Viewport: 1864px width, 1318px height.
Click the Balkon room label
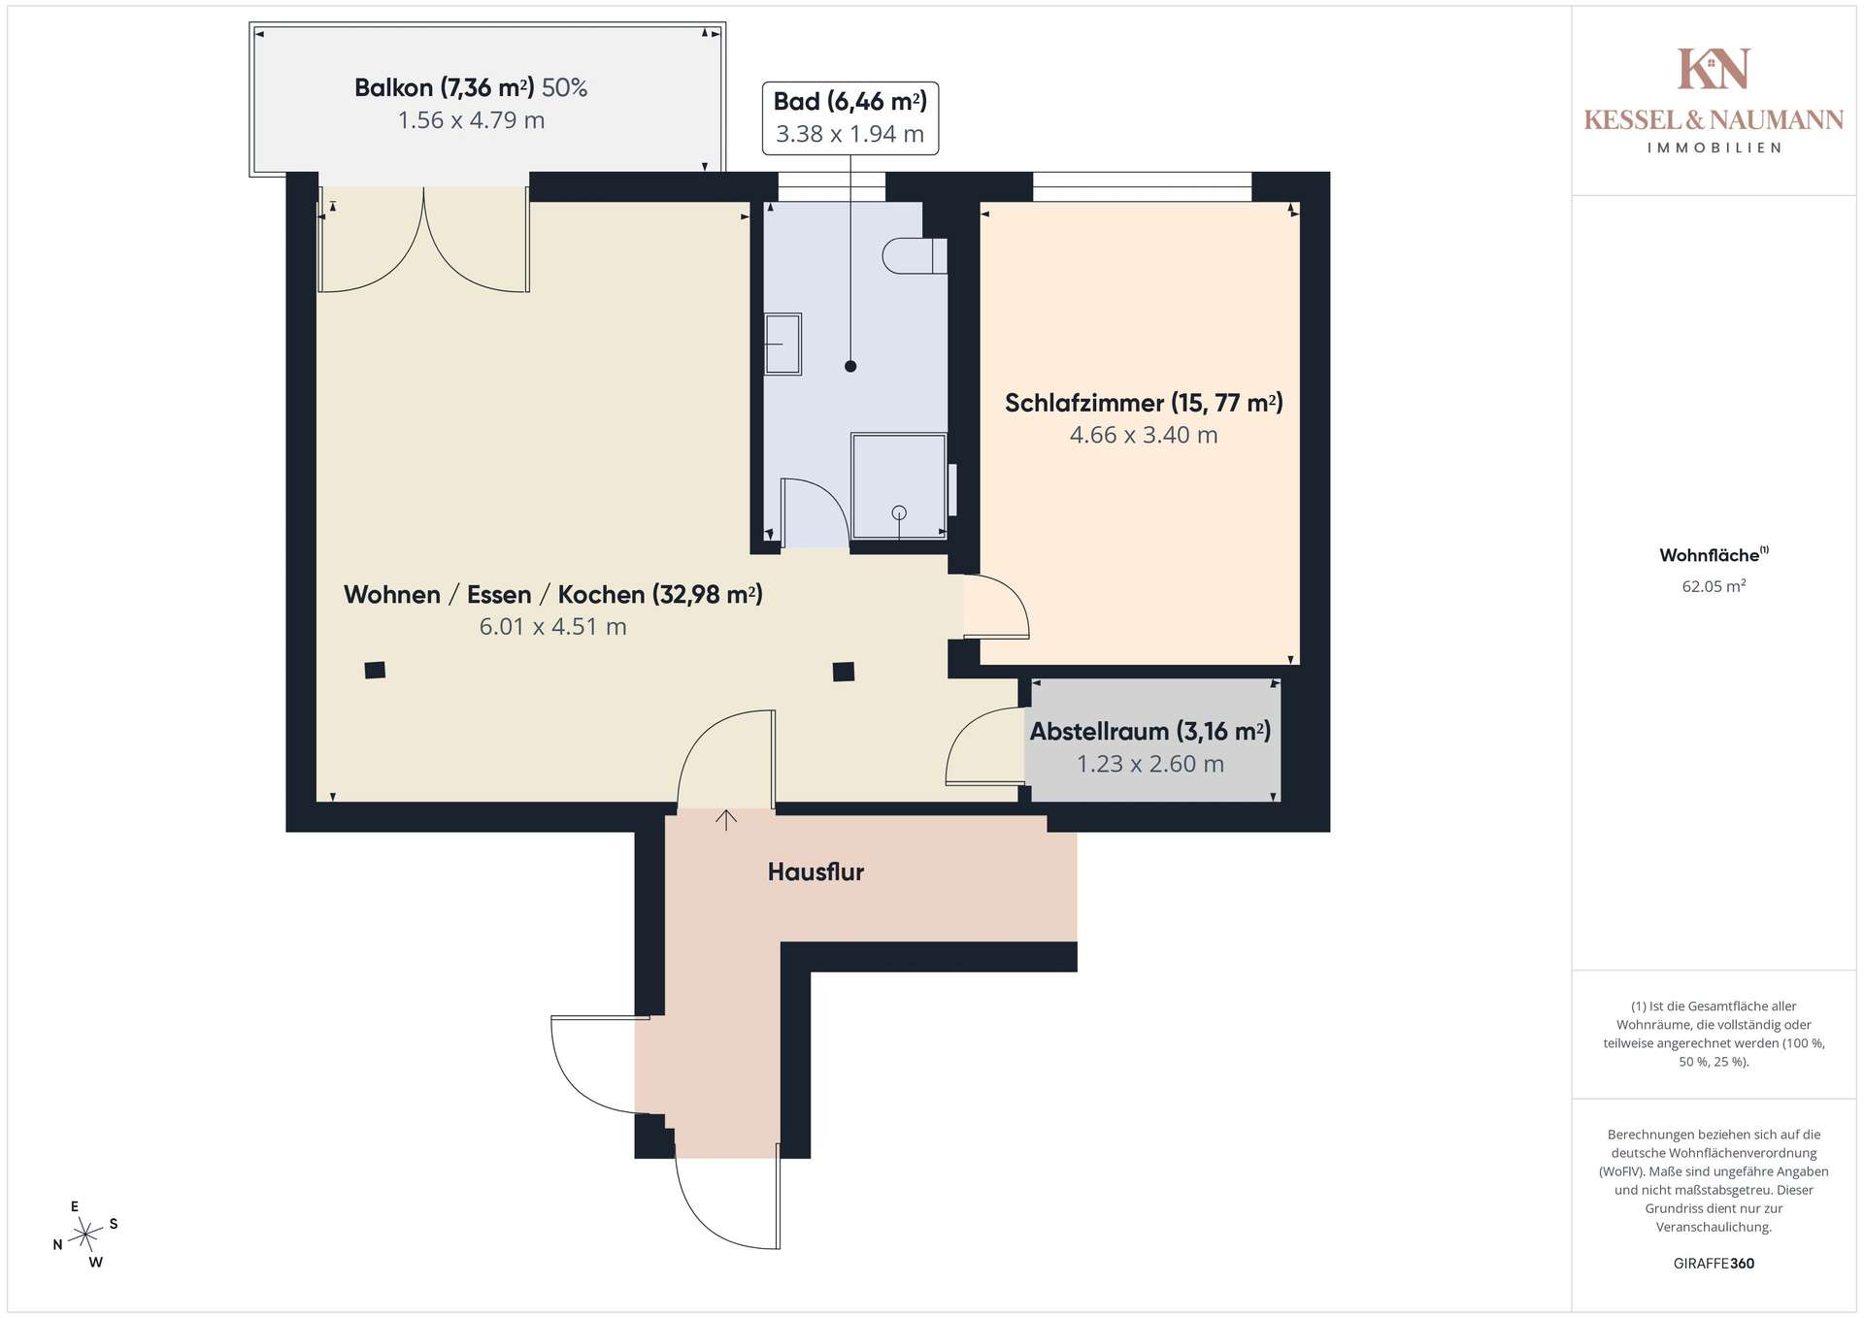tap(445, 88)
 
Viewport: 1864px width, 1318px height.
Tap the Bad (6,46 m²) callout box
tap(850, 118)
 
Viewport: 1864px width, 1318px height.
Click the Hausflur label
tap(815, 872)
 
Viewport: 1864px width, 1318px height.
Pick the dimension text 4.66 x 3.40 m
tap(1144, 435)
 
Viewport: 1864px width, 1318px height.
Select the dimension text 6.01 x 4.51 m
tap(553, 627)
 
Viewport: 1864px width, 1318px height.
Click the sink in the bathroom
tap(782, 344)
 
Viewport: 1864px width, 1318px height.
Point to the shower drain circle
tap(899, 512)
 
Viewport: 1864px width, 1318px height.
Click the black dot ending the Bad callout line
tap(850, 366)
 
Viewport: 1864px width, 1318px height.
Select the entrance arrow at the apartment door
tap(726, 820)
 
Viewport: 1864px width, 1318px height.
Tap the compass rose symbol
tap(86, 1235)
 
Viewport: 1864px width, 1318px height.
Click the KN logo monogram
tap(1714, 69)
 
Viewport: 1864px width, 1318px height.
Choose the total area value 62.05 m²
tap(1714, 586)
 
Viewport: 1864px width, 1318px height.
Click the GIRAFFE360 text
tap(1714, 1264)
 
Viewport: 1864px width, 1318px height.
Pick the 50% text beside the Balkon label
tap(565, 88)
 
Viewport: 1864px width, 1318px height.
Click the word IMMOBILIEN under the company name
tap(1714, 148)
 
